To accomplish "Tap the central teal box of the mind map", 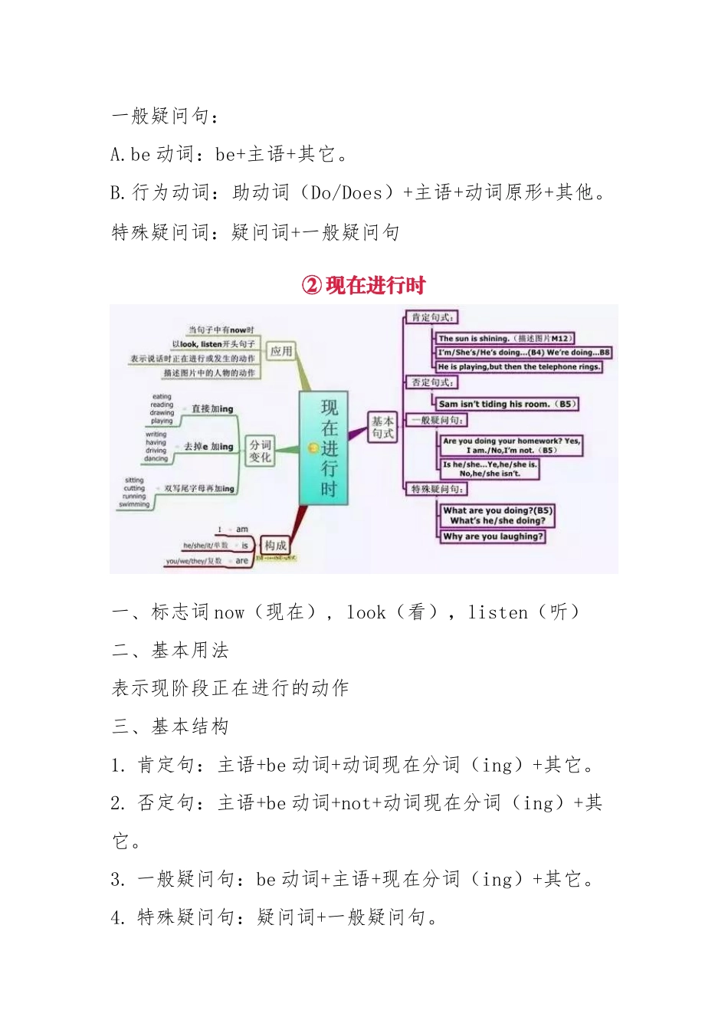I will pyautogui.click(x=323, y=448).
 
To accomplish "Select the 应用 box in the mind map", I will pyautogui.click(x=281, y=351).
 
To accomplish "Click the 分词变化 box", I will pyautogui.click(x=260, y=451).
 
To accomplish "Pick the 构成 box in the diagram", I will pyautogui.click(x=275, y=546).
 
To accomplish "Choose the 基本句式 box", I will pyautogui.click(x=382, y=428).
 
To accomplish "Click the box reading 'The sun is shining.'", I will pyautogui.click(x=505, y=338).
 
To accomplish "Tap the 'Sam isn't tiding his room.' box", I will pyautogui.click(x=507, y=404).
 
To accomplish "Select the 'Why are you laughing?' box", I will pyautogui.click(x=493, y=536).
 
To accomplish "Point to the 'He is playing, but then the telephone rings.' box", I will pyautogui.click(x=519, y=367).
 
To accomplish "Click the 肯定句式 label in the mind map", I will pyautogui.click(x=432, y=317).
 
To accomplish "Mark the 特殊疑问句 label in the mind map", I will pyautogui.click(x=435, y=489).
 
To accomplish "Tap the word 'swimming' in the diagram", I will pyautogui.click(x=134, y=504).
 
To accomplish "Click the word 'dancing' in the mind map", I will pyautogui.click(x=156, y=458).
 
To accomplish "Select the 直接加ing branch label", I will pyautogui.click(x=212, y=409).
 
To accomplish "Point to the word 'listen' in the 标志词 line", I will pyautogui.click(x=497, y=612).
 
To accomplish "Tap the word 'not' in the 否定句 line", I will pyautogui.click(x=356, y=802).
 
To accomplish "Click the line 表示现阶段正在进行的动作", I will pyautogui.click(x=230, y=687).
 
